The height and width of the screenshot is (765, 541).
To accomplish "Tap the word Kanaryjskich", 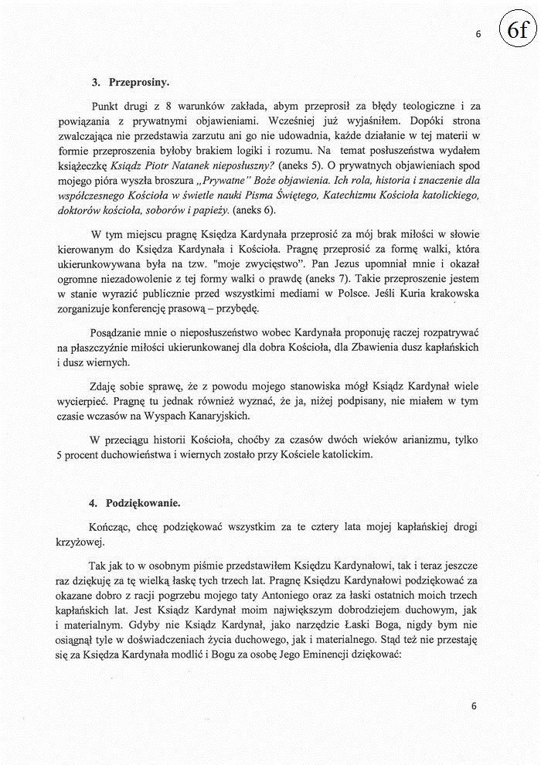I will tap(233, 416).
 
